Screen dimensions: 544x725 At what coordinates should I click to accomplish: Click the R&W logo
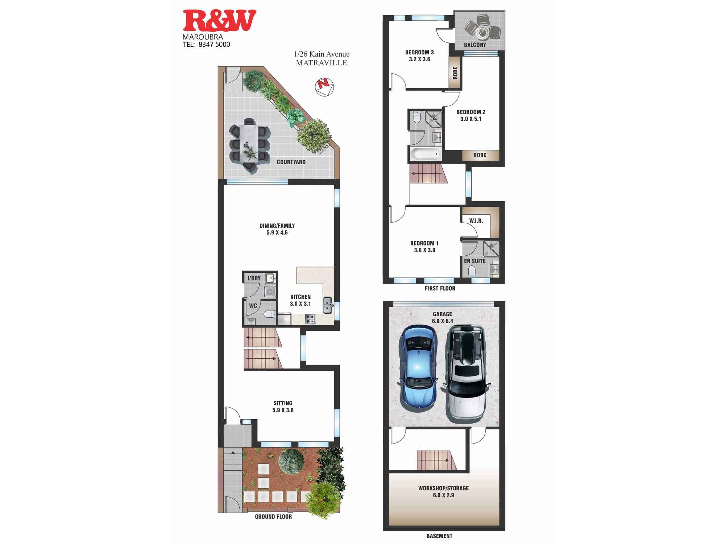coord(219,21)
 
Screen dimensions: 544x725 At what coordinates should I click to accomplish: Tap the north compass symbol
coord(324,87)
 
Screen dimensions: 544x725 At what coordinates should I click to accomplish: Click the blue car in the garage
coord(418,366)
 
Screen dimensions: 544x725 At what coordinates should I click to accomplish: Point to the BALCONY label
coord(475,45)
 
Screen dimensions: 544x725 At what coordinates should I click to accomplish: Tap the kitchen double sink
coord(327,305)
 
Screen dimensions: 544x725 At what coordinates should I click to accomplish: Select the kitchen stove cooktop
coord(310,320)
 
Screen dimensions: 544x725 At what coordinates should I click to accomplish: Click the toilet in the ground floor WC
coord(269,314)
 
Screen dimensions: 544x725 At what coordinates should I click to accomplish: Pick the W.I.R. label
coord(476,221)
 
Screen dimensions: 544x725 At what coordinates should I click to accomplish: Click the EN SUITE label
coord(475,261)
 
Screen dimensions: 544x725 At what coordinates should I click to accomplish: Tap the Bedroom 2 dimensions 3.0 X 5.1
coord(471,119)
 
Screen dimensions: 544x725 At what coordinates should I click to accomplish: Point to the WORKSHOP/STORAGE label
coord(443,488)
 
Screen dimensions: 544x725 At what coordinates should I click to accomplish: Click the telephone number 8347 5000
coord(214,45)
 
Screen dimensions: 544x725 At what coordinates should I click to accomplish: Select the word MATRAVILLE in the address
coord(322,63)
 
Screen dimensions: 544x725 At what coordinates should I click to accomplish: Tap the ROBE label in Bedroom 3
coord(455,73)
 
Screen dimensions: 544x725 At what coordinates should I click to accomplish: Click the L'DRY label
coord(254,278)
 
